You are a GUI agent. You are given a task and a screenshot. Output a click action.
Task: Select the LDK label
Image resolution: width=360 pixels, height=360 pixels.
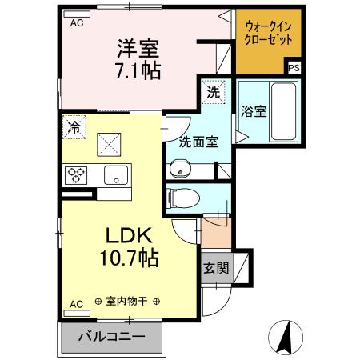(x=124, y=235)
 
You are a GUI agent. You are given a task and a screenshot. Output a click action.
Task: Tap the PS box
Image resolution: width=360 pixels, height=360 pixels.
(x=294, y=68)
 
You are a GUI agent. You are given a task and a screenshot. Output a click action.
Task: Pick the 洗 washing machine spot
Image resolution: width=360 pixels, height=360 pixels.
(x=212, y=92)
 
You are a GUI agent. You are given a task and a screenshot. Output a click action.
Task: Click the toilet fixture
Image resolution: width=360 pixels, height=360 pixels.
(x=181, y=197)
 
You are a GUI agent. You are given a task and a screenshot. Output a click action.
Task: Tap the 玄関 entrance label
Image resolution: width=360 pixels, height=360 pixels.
(x=215, y=268)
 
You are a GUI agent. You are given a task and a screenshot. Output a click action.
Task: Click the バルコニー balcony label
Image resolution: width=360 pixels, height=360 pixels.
(x=111, y=336)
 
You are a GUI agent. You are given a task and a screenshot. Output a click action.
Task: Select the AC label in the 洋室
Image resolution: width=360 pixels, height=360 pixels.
(x=77, y=23)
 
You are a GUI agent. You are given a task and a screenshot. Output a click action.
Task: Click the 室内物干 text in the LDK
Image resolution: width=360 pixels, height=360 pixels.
(x=127, y=302)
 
